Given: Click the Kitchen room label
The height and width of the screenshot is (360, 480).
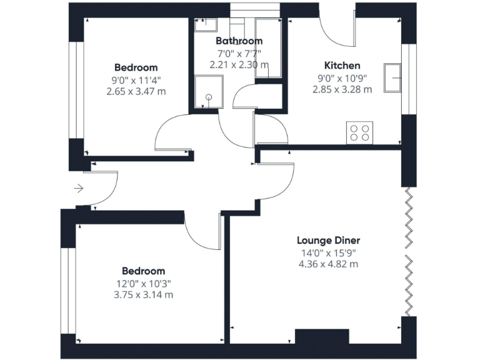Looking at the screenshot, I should (x=342, y=66).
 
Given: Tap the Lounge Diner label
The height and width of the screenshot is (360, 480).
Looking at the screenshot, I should (x=328, y=241).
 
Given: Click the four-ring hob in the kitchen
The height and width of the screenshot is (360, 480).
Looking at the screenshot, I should (x=359, y=132).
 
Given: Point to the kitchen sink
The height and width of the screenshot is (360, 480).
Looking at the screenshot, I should (x=394, y=77).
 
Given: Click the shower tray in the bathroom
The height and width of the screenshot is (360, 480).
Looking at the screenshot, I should (x=207, y=94).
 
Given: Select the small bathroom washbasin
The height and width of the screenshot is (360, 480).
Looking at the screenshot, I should (x=205, y=25).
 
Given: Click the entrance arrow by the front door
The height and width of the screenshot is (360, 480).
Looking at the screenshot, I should (x=78, y=187).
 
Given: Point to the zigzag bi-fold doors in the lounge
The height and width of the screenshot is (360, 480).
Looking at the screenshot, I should (x=409, y=251).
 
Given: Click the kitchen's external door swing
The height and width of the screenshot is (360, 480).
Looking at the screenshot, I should (x=337, y=28).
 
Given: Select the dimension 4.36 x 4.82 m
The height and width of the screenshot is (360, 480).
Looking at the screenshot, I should (x=328, y=264).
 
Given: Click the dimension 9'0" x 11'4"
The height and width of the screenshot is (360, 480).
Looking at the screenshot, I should (x=136, y=79).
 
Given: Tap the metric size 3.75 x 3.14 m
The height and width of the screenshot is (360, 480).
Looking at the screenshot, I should (x=143, y=295).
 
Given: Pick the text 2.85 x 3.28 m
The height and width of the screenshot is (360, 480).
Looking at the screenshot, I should (x=342, y=89).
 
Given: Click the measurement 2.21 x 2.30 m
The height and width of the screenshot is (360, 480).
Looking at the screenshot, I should (x=239, y=64).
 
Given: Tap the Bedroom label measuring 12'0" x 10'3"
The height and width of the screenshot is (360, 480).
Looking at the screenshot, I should (x=143, y=271).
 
